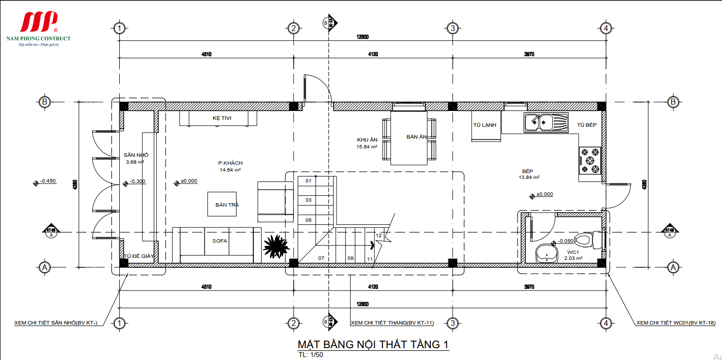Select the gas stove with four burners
590,161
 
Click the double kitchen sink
546,122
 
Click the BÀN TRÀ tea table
222,204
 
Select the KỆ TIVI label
222,118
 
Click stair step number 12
378,236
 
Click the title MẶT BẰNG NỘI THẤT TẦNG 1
373,344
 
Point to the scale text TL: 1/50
310,355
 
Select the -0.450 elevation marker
48,181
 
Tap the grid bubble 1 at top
118,28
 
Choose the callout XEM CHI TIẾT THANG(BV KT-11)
392,323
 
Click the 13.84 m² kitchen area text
529,177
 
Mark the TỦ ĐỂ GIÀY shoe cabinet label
139,256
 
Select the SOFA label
219,241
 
